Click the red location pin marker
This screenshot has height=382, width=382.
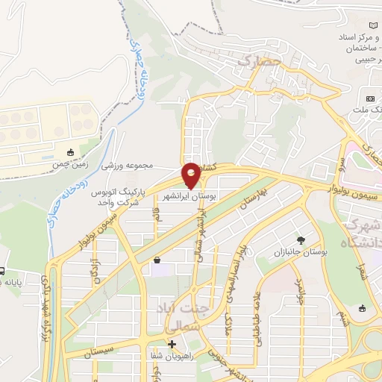[191, 175]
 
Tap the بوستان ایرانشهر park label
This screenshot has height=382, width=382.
[190, 195]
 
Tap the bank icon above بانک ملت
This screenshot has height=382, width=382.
[370, 98]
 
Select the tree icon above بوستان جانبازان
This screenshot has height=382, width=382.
[301, 240]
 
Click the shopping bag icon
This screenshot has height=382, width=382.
[157, 260]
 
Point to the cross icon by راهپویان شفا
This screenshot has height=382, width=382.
[172, 345]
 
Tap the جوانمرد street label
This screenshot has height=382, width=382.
[298, 292]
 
